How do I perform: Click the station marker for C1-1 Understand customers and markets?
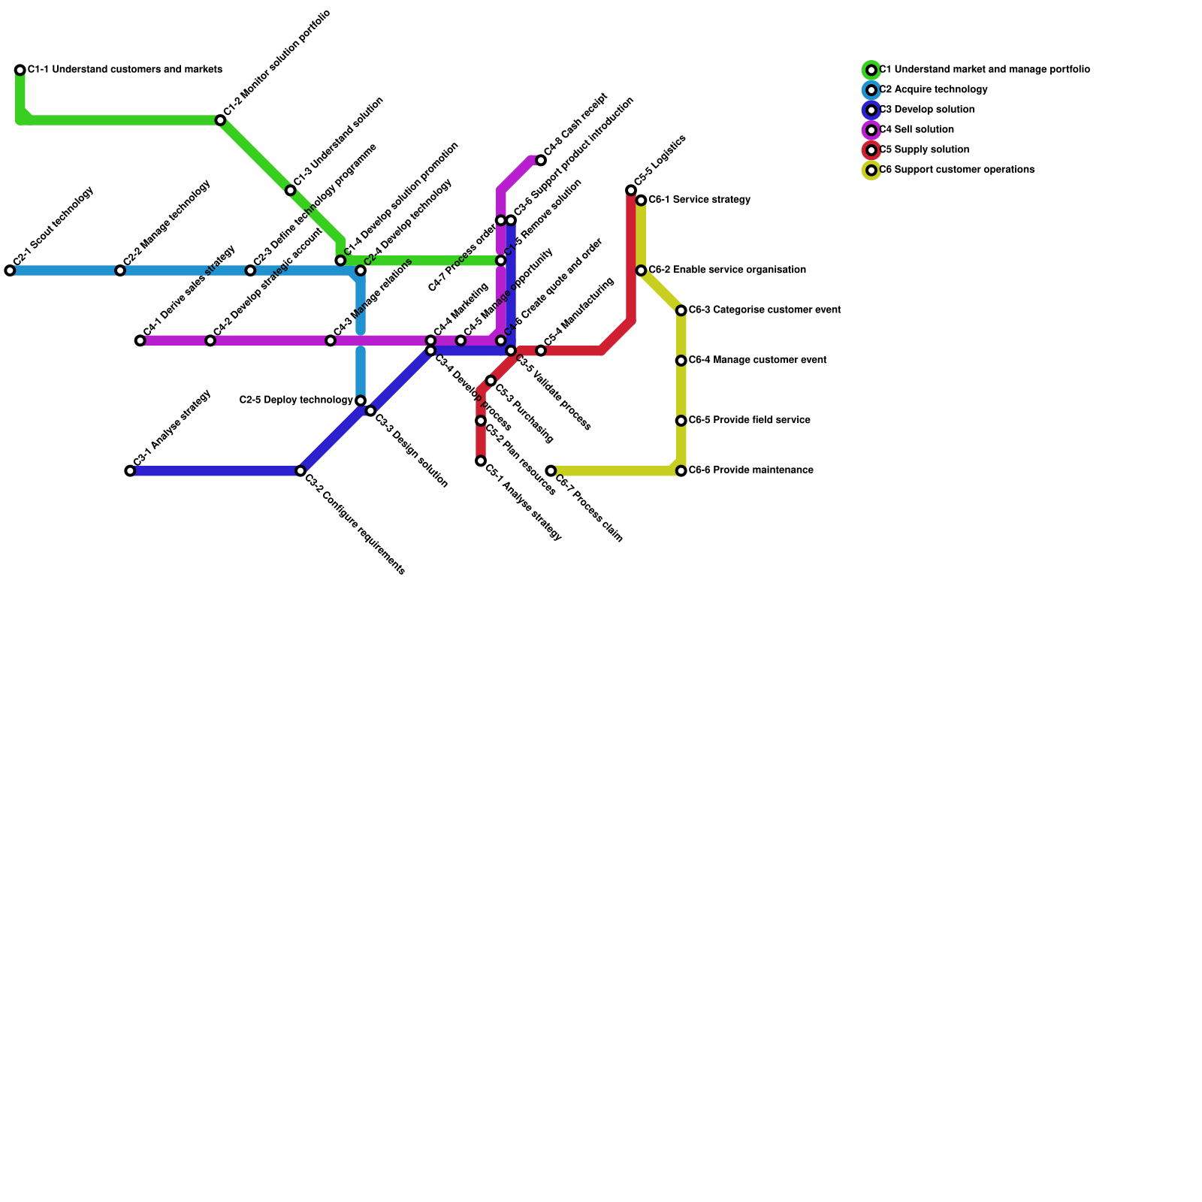tap(20, 70)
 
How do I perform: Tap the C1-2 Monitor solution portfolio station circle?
tap(220, 120)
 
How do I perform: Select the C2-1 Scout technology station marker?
tap(10, 270)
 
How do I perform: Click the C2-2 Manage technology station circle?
tap(120, 270)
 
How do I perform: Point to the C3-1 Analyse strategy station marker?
tap(130, 471)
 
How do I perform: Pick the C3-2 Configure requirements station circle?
tap(300, 471)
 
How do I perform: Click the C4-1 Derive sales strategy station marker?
tap(140, 340)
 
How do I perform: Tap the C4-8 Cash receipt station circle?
tap(541, 160)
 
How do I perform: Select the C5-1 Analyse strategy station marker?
tap(481, 461)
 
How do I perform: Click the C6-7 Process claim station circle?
tap(551, 471)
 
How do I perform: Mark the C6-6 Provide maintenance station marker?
tap(681, 471)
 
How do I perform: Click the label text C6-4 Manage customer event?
tap(757, 361)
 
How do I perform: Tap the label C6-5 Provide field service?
tap(749, 421)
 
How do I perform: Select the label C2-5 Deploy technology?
tap(296, 400)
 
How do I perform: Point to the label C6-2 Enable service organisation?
tap(726, 270)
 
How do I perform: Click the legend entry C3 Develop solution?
tap(926, 110)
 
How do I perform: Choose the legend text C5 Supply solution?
tap(923, 150)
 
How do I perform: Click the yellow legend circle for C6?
tap(871, 171)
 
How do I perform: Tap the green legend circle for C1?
tap(871, 70)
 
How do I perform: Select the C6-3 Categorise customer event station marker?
tap(681, 310)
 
